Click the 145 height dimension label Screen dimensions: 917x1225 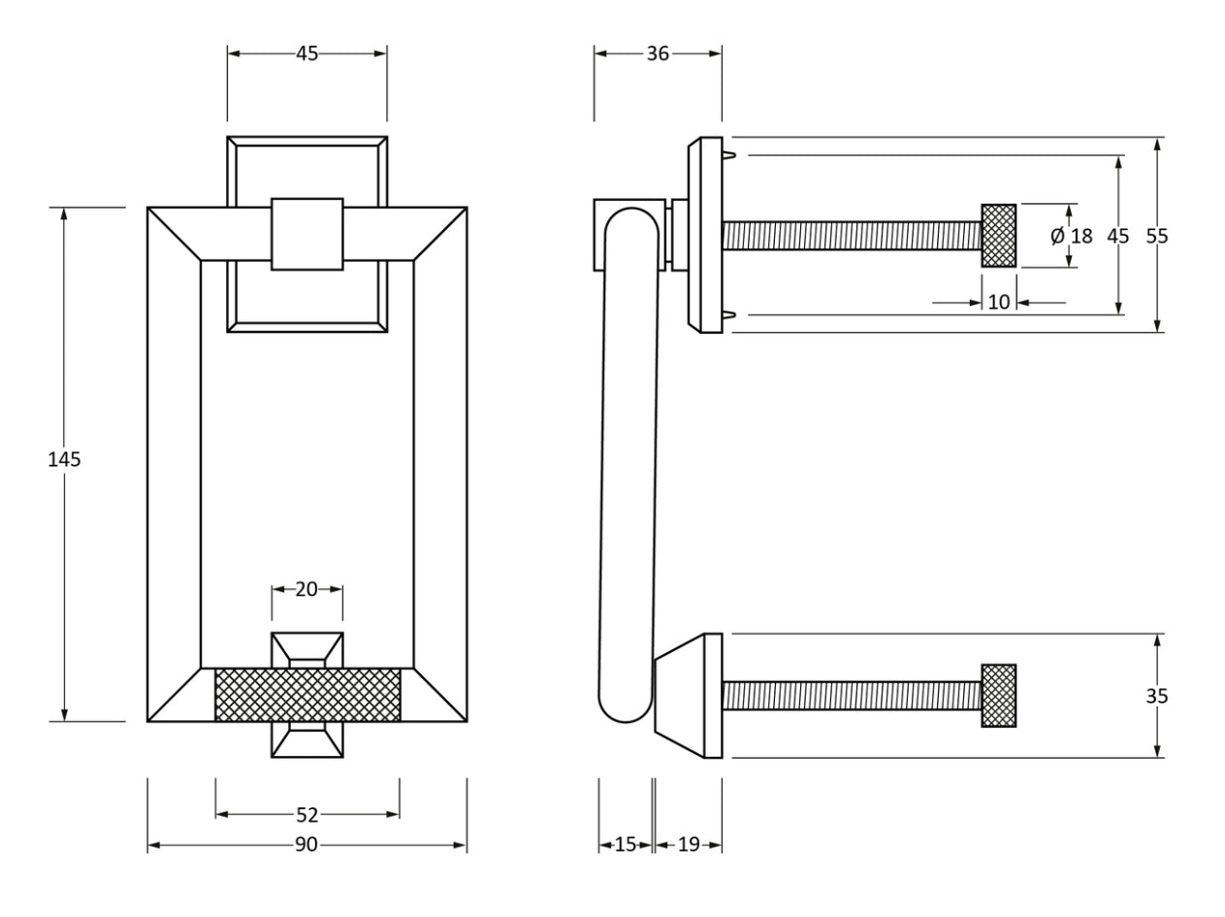(64, 460)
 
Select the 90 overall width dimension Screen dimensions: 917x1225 (306, 845)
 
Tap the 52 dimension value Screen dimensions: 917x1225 (306, 815)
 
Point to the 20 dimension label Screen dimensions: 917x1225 (306, 589)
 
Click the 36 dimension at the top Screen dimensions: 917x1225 (658, 54)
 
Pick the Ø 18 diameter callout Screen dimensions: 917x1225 (1071, 236)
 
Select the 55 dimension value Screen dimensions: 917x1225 (1157, 236)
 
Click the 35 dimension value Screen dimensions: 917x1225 (1157, 697)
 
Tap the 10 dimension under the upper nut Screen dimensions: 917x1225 (999, 303)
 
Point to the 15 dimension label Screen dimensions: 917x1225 (626, 845)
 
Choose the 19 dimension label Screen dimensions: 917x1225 (689, 845)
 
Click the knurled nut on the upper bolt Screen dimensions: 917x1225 (999, 236)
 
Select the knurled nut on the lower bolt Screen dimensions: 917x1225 (999, 696)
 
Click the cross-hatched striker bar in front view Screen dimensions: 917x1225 (306, 695)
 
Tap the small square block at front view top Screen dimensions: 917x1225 (306, 234)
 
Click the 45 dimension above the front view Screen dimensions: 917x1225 (306, 54)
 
